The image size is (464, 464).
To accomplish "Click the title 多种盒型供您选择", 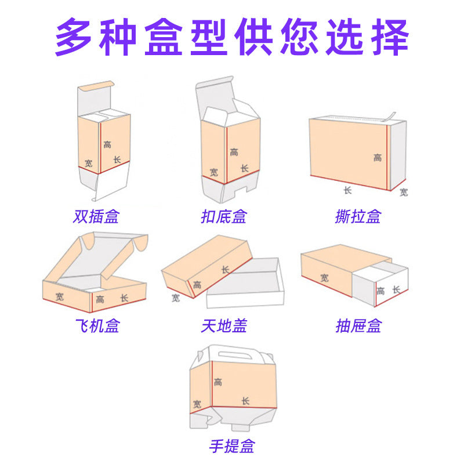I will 232,37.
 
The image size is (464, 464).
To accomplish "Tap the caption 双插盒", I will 96,217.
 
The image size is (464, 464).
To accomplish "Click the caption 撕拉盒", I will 358,217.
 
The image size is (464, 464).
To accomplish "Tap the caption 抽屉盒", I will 358,326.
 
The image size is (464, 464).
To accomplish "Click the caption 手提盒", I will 231,446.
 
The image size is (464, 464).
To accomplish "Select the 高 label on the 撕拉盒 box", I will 378,158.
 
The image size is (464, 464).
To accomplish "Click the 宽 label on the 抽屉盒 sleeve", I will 324,278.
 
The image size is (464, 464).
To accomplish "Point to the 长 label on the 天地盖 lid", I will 225,270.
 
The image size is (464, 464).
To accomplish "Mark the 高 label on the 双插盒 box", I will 107,144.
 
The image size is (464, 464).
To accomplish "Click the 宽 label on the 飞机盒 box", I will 60,296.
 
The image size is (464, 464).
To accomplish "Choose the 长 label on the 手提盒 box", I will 245,401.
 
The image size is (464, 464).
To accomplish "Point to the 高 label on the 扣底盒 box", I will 234,153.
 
